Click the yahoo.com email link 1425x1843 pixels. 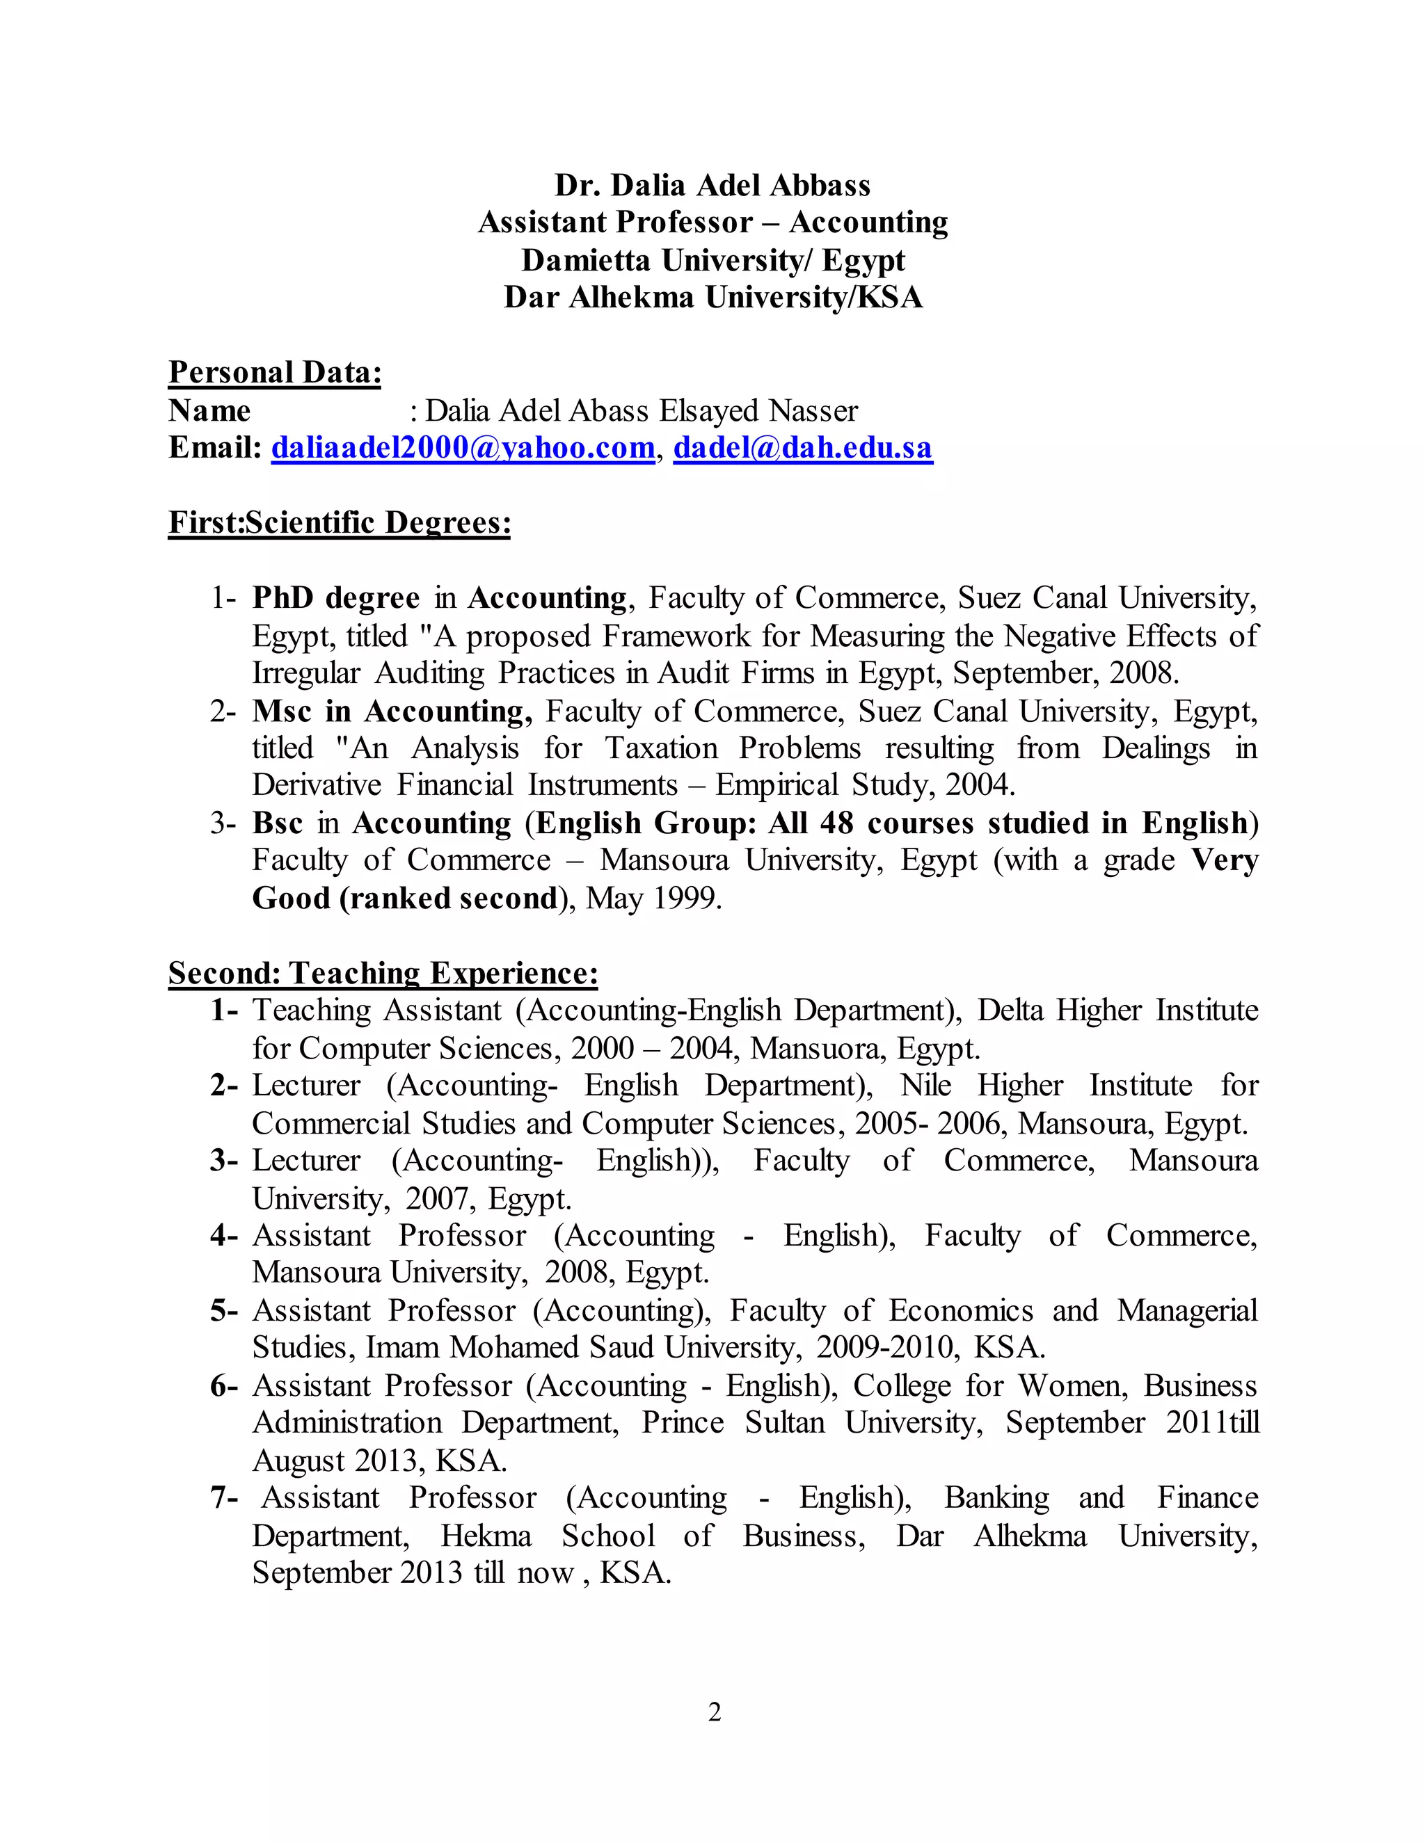click(463, 447)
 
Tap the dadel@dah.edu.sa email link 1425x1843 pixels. click(803, 447)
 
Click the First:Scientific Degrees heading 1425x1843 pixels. click(340, 522)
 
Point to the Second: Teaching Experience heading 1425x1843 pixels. click(383, 973)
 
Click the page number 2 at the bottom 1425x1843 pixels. click(714, 1712)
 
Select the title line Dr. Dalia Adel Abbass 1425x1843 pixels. click(712, 185)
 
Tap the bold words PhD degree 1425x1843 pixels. click(335, 597)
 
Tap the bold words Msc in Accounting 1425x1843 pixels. click(392, 711)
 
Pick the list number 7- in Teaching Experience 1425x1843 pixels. click(224, 1498)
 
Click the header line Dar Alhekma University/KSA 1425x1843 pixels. click(712, 297)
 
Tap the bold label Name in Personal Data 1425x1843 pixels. click(209, 410)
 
